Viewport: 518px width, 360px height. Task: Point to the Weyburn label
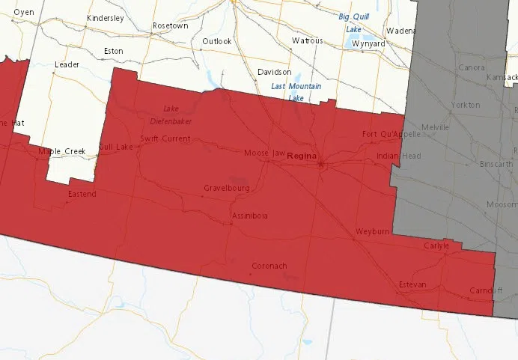pyautogui.click(x=373, y=232)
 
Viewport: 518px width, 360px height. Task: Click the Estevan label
pyautogui.click(x=412, y=284)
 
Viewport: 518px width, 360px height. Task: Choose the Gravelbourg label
pyautogui.click(x=226, y=189)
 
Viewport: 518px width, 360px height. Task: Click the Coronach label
pyautogui.click(x=269, y=266)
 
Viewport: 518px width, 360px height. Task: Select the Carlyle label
pyautogui.click(x=436, y=245)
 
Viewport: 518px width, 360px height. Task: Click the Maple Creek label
pyautogui.click(x=62, y=151)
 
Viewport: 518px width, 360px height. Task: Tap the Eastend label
pyautogui.click(x=82, y=194)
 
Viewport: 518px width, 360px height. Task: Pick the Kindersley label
pyautogui.click(x=105, y=18)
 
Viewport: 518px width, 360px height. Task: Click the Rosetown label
pyautogui.click(x=171, y=25)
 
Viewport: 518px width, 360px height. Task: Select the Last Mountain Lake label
pyautogui.click(x=296, y=92)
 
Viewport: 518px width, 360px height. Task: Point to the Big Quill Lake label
pyautogui.click(x=355, y=22)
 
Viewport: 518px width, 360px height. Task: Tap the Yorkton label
pyautogui.click(x=466, y=106)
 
